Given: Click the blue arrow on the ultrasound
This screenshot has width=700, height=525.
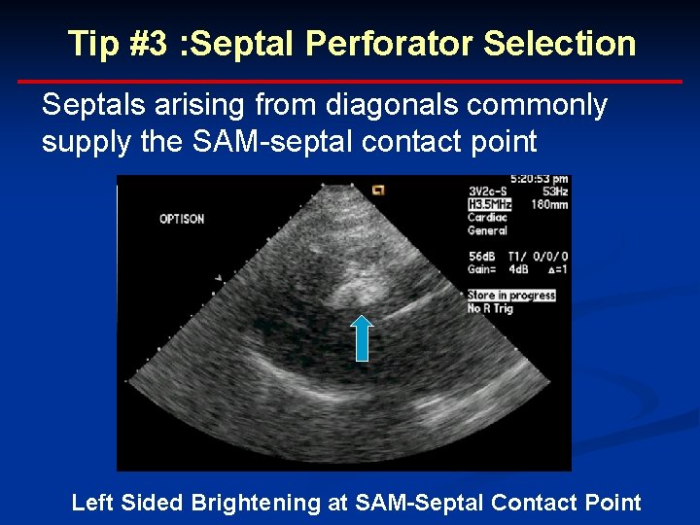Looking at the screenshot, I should pos(361,337).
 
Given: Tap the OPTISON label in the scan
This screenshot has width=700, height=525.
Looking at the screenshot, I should pos(182,219).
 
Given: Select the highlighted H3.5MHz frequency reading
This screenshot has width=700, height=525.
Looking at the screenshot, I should pos(490,204).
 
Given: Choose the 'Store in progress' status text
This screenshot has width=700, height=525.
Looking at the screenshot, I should pos(511,295).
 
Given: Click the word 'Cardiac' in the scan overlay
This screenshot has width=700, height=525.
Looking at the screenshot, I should pos(487,218).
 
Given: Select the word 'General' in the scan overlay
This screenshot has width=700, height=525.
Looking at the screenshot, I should pos(487,230).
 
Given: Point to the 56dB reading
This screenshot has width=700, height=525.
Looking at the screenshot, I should pos(483,256).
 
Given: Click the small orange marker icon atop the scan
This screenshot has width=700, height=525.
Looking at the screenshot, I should pos(378,189).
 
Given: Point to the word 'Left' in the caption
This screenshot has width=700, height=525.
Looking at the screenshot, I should pos(92,503).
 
